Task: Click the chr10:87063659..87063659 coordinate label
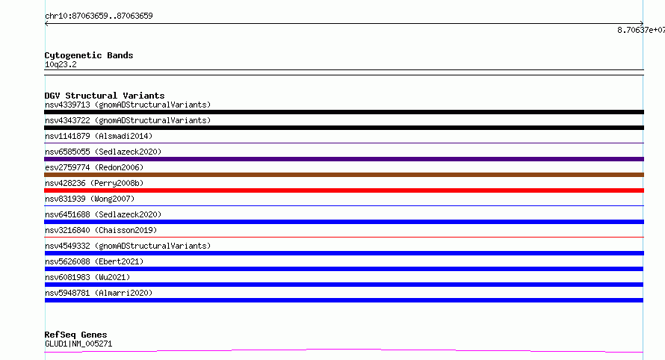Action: (x=99, y=16)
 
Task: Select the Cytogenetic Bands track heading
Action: (x=89, y=55)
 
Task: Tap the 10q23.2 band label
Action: (x=61, y=64)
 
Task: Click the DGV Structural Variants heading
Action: (x=105, y=96)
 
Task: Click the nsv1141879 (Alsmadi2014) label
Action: (x=99, y=136)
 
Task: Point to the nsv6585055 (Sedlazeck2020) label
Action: (x=103, y=152)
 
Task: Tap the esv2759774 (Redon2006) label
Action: (x=94, y=167)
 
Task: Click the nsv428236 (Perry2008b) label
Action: (x=94, y=183)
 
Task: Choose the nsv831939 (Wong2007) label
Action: (x=90, y=199)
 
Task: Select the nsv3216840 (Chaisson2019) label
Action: (x=101, y=230)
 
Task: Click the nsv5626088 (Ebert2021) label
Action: (x=94, y=261)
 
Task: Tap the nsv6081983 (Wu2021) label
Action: (x=87, y=277)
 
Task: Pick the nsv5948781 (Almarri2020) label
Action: (x=99, y=293)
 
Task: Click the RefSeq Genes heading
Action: (x=75, y=335)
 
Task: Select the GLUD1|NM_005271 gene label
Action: (x=78, y=344)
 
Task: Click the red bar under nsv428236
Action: (x=344, y=190)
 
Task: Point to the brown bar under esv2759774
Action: (x=344, y=175)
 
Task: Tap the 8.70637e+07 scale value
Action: (x=641, y=30)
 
